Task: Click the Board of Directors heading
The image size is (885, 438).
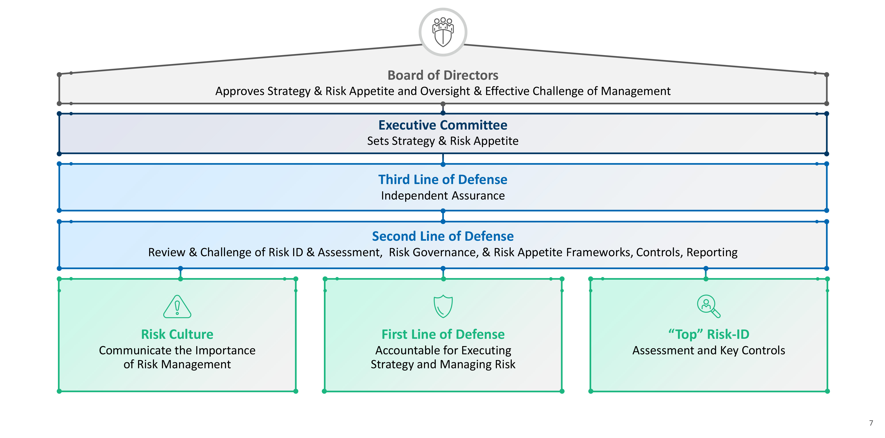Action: point(442,75)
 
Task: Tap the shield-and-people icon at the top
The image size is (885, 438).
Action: point(442,32)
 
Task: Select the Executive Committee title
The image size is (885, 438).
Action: point(442,125)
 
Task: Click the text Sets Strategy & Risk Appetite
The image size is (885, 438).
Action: point(442,141)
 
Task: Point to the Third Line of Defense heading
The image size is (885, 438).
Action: point(442,179)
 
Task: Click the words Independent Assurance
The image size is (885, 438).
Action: point(442,196)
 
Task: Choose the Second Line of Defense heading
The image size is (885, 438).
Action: point(442,236)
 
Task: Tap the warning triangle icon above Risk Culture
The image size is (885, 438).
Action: point(177,307)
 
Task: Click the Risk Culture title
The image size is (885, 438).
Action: point(177,334)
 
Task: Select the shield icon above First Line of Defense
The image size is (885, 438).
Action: point(443,306)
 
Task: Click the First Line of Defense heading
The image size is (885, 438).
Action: point(443,334)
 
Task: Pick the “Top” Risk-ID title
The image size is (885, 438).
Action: point(708,334)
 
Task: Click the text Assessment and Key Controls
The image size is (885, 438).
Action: point(708,350)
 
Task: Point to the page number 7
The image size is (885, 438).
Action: point(871,423)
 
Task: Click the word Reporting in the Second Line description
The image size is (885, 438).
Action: point(712,252)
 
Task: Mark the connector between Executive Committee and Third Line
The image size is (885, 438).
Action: point(443,159)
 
